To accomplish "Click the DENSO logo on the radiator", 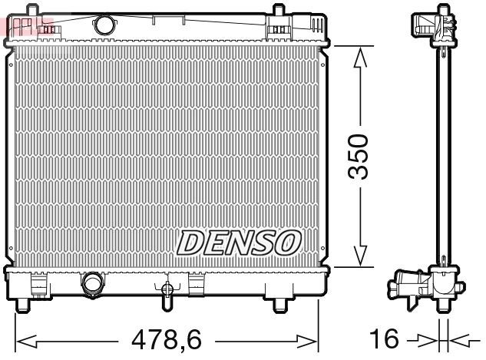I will (236, 243).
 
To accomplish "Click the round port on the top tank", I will (103, 25).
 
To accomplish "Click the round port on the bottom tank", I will (92, 283).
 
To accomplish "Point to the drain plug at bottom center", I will (166, 290).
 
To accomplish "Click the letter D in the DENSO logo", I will (190, 243).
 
